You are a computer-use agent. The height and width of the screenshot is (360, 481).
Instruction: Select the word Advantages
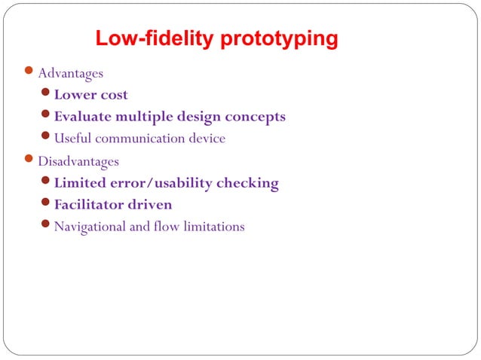(x=71, y=74)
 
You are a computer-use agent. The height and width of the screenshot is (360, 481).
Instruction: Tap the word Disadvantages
(x=78, y=161)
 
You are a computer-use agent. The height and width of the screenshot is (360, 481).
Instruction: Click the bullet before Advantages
(x=29, y=72)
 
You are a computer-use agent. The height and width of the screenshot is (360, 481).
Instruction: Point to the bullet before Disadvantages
(x=29, y=160)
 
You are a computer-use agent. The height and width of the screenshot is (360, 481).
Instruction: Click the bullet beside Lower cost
(x=46, y=94)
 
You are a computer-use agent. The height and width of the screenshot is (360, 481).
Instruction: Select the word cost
(x=112, y=96)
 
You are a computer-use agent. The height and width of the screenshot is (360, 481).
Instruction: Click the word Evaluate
(x=82, y=117)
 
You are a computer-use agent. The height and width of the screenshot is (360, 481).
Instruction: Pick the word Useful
(x=72, y=139)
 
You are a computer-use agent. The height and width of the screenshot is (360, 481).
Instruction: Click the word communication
(x=141, y=139)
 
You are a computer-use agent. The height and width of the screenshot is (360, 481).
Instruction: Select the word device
(x=207, y=139)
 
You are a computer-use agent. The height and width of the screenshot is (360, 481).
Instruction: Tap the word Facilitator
(x=90, y=205)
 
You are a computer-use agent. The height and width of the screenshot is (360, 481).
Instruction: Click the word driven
(x=151, y=205)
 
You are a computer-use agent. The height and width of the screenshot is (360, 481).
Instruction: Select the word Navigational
(x=90, y=227)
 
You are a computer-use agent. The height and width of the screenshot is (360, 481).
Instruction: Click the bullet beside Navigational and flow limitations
(x=46, y=225)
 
